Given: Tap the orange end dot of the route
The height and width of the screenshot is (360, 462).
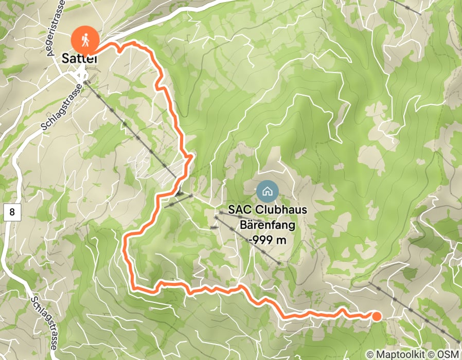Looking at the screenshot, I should click(x=377, y=316).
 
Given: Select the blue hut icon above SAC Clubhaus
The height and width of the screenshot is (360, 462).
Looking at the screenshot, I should click(x=267, y=192).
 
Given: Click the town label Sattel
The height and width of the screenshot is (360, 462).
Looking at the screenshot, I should click(x=80, y=59).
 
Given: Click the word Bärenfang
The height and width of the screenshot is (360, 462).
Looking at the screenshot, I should click(x=266, y=225).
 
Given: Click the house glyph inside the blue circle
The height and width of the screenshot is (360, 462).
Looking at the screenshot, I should click(x=267, y=192).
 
